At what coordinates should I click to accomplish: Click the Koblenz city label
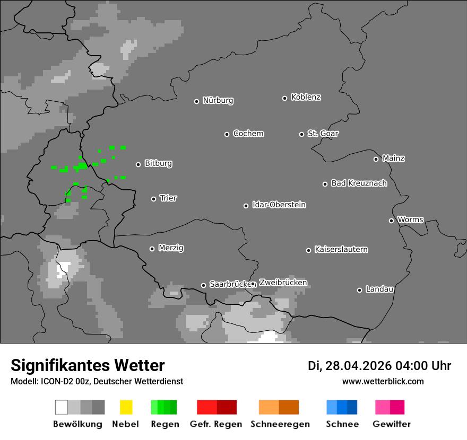[x=306, y=98]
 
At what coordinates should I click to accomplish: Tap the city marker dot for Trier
[x=154, y=199]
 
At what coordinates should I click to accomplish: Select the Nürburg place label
[x=218, y=101]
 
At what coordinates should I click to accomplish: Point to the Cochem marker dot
[x=227, y=134]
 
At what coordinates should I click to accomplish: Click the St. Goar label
[x=323, y=134]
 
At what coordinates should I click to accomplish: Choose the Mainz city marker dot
[x=376, y=159]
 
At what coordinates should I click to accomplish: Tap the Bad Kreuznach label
[x=359, y=183]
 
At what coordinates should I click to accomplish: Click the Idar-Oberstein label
[x=279, y=205]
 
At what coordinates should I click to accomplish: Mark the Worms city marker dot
[x=391, y=221]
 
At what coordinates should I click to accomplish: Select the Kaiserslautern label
[x=341, y=250]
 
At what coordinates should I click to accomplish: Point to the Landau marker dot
[x=359, y=290]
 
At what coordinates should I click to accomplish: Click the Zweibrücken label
[x=283, y=283]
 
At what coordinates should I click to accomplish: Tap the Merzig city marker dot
[x=152, y=249]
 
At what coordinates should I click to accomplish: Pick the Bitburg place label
[x=158, y=164]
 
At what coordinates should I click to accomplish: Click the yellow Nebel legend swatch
[x=126, y=407]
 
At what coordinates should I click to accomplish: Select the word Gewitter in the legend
[x=392, y=424]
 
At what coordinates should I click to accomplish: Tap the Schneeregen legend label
[x=280, y=424]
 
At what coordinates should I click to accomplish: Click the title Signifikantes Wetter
[x=88, y=366]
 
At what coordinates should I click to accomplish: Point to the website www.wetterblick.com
[x=383, y=382]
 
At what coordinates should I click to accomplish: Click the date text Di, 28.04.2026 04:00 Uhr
[x=379, y=366]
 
